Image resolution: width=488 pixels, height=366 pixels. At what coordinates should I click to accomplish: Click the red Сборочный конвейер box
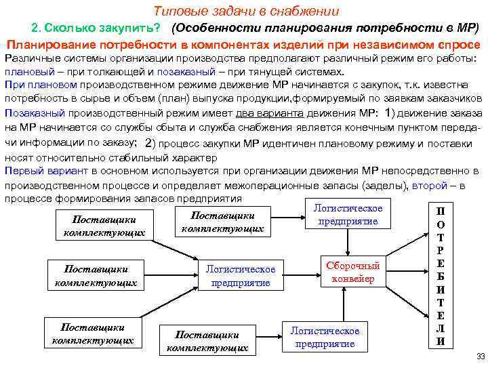352,272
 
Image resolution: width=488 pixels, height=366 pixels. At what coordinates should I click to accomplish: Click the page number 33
481,356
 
